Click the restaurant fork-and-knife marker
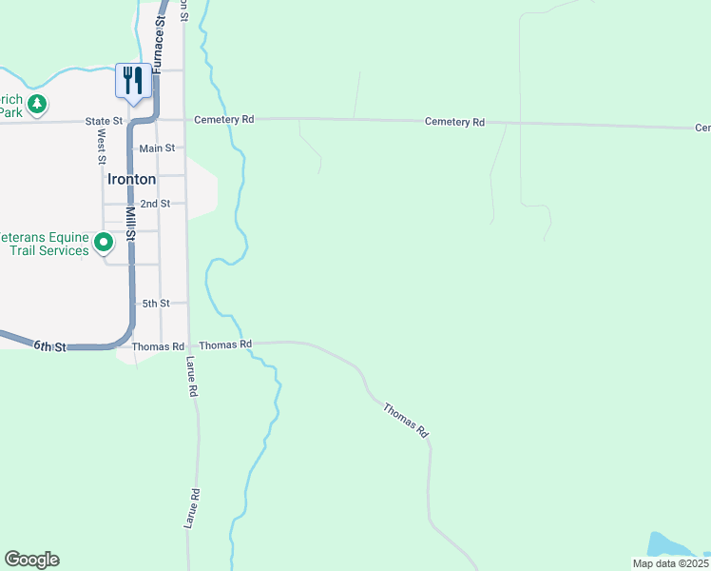(x=133, y=80)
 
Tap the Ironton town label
(x=131, y=178)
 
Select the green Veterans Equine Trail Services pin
(x=104, y=244)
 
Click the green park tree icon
(x=36, y=103)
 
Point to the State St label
(x=104, y=121)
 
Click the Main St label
(x=157, y=148)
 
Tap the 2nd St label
(x=155, y=204)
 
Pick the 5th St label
(x=156, y=303)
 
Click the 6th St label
(x=49, y=346)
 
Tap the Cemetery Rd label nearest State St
(x=224, y=120)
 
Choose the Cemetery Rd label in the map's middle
(x=455, y=122)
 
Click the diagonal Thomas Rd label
(x=406, y=420)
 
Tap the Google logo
(x=31, y=560)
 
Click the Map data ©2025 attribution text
(x=671, y=563)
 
